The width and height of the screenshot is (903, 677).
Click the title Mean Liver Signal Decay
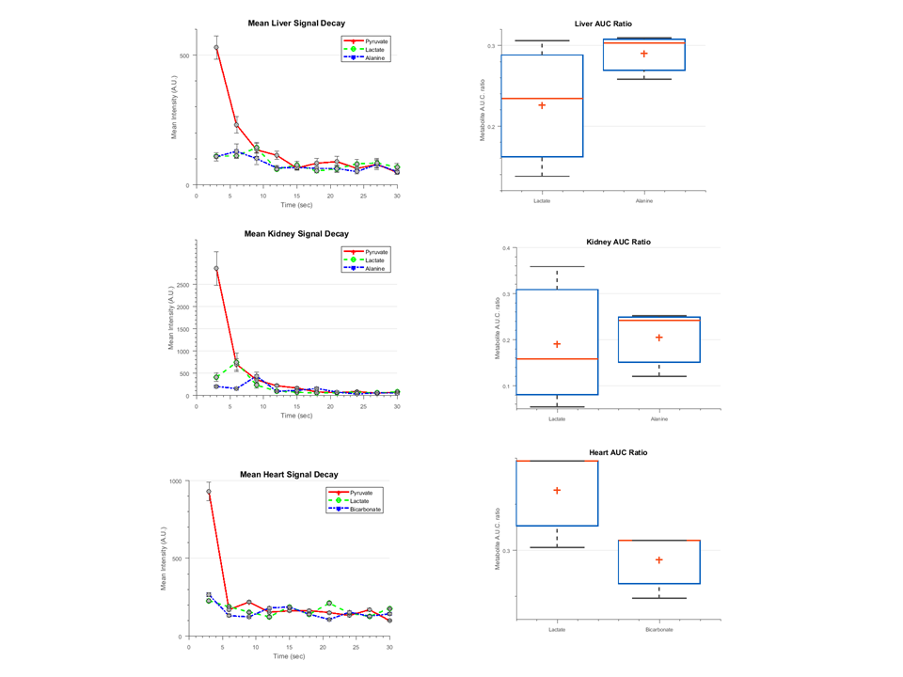coord(296,23)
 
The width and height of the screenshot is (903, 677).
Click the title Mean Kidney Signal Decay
coord(296,234)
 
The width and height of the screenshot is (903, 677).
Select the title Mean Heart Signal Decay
coord(289,475)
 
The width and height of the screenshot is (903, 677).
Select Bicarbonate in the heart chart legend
coord(368,509)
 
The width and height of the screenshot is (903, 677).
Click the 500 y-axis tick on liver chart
coord(185,55)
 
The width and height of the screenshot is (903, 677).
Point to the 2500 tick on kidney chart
coord(182,284)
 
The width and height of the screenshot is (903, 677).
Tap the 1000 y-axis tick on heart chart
coord(175,481)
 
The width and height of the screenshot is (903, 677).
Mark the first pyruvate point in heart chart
coord(209,492)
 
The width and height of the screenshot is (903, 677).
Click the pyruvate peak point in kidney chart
coord(216,268)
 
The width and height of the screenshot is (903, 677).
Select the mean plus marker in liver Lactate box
coord(542,105)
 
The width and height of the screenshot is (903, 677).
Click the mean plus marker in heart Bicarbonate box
coord(658,560)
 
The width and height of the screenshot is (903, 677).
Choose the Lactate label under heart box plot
coord(557,629)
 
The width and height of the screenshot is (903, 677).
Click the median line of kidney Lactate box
coord(557,359)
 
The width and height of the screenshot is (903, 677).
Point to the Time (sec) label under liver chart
coord(296,204)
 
